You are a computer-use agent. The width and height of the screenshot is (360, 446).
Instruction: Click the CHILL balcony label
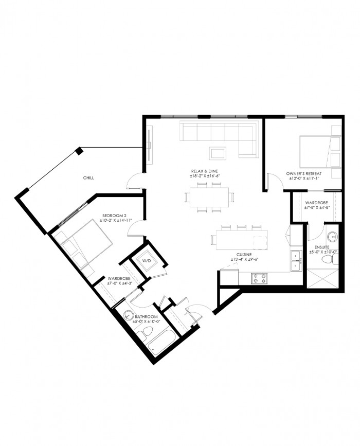tap(88, 178)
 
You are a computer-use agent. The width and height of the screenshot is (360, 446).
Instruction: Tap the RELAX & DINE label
tap(205, 171)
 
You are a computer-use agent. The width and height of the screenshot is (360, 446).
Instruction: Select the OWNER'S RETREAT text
tap(304, 173)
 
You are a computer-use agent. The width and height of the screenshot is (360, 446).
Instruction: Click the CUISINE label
tap(244, 255)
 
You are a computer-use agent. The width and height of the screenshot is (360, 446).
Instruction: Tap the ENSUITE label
tap(322, 247)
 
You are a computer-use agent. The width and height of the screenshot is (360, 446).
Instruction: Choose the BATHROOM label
tap(146, 316)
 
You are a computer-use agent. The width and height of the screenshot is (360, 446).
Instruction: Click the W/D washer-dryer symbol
tap(147, 260)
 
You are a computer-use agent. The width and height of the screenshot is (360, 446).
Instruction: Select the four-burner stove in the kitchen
tap(259, 278)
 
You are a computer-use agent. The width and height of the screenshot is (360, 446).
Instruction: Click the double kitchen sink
tap(296, 261)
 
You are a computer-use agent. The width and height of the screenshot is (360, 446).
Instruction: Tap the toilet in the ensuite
tap(329, 259)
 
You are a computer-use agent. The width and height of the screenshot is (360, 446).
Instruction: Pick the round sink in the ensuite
tap(332, 236)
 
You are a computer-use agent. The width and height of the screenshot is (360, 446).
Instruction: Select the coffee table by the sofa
tap(218, 153)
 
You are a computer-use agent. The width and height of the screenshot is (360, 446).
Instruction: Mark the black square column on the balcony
tap(79, 151)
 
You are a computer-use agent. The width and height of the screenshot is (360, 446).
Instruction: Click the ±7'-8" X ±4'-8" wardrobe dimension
tap(316, 208)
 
